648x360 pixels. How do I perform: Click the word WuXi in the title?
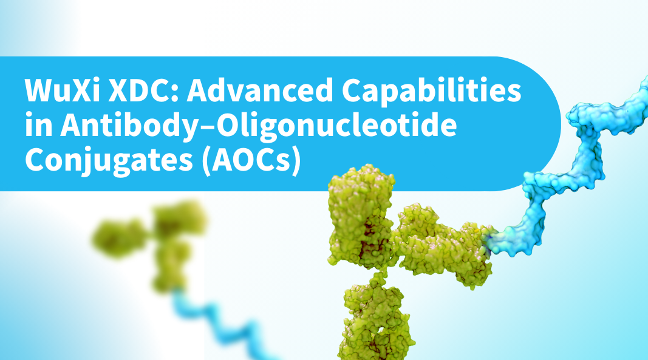pos(62,90)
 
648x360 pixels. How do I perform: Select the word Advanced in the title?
pos(260,90)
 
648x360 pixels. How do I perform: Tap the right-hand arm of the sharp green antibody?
pos(445,248)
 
